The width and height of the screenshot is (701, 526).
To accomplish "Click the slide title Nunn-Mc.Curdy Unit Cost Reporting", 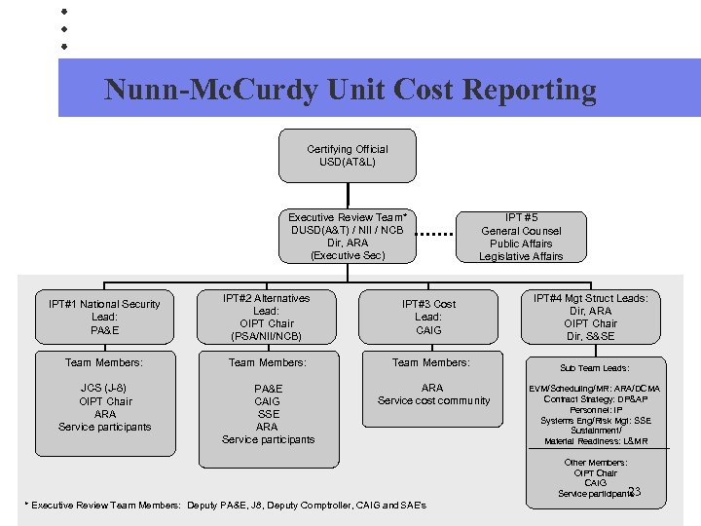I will [x=350, y=90].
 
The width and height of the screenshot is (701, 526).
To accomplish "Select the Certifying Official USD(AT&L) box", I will [x=347, y=156].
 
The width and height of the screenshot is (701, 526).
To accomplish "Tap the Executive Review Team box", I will [x=347, y=237].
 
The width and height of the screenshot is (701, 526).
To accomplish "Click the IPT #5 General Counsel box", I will [x=521, y=237].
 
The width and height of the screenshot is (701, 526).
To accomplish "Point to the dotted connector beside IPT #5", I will [x=436, y=236].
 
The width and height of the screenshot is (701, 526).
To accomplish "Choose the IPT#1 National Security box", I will [x=104, y=317].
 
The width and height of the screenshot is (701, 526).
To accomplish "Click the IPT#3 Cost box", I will [x=428, y=317].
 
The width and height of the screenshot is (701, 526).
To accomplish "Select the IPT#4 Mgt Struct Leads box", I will [x=590, y=317].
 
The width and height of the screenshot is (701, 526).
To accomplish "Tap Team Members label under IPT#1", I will [x=104, y=362].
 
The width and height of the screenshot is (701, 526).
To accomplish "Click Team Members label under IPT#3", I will [x=430, y=362].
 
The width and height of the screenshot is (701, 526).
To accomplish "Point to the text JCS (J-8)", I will [x=103, y=388].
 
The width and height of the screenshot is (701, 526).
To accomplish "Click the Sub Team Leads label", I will [x=594, y=368].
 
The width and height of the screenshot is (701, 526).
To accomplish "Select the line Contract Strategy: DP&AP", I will [x=595, y=399].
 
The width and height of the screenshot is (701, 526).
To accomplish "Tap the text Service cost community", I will [x=433, y=400].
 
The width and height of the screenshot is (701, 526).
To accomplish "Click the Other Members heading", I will [x=595, y=463].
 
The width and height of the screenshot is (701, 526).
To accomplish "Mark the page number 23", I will [x=635, y=492].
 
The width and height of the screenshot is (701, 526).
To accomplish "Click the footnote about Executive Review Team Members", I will [x=225, y=506].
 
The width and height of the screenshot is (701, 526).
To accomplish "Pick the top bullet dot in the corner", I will [x=63, y=12].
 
